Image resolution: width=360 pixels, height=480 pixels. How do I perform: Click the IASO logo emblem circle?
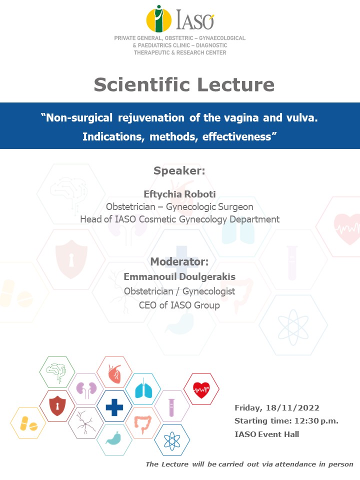(158, 19)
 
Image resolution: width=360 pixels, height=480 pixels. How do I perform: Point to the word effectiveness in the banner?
(236, 136)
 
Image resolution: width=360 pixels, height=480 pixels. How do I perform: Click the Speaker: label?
(179, 170)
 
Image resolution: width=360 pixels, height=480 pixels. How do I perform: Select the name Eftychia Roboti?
(179, 194)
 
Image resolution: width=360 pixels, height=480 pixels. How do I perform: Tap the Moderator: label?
(179, 261)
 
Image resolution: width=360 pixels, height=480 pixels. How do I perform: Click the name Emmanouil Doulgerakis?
(179, 276)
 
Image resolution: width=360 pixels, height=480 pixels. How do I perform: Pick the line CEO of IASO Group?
(179, 305)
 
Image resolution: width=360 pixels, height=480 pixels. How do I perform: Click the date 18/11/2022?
(292, 408)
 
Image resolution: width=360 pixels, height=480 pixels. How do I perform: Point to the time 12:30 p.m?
(316, 421)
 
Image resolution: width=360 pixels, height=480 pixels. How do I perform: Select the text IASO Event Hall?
(266, 434)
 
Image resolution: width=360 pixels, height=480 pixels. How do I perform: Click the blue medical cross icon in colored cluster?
(114, 407)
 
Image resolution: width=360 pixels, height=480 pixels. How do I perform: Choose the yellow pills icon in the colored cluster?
(28, 423)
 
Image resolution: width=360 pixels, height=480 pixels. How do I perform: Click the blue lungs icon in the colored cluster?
(143, 389)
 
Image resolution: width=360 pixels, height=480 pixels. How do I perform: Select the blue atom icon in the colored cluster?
(172, 441)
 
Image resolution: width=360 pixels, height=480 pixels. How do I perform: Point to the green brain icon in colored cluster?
(56, 372)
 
